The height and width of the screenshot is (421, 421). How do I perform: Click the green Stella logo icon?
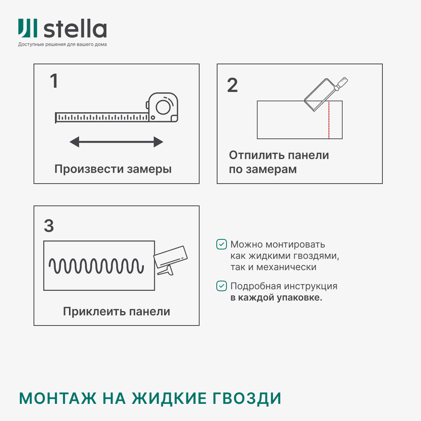28,29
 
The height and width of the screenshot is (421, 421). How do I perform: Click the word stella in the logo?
75,30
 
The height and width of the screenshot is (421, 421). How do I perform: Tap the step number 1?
54,81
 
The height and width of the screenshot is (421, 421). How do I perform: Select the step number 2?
232,85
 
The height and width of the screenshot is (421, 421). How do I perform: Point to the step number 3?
49,226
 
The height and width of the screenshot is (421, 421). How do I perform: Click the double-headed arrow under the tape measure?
116,142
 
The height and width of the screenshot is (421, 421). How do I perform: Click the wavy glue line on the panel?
96,266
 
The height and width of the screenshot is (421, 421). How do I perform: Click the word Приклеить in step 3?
90,312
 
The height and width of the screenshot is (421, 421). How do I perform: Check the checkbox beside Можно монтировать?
221,244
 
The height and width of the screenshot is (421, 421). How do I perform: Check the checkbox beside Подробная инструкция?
221,286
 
